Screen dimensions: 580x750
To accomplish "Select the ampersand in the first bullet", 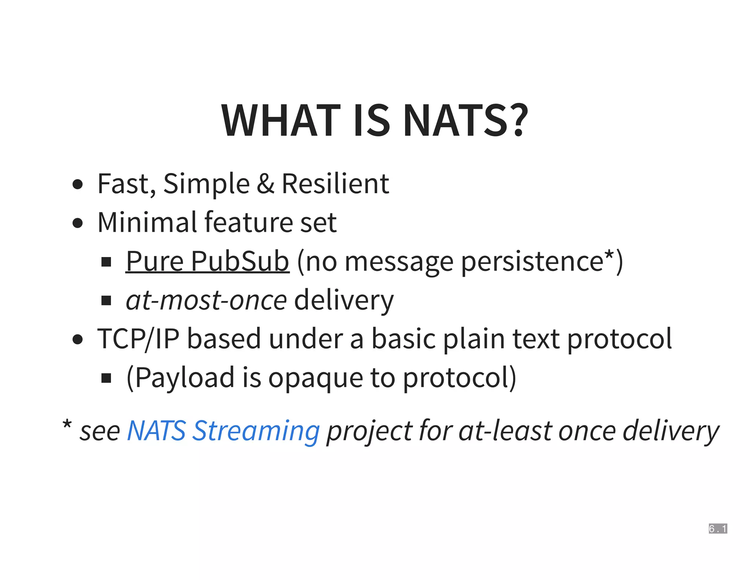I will pyautogui.click(x=265, y=184).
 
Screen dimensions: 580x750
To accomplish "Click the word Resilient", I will pyautogui.click(x=335, y=184).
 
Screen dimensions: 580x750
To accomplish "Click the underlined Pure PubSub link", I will pyautogui.click(x=207, y=261).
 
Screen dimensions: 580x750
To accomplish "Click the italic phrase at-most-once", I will pyautogui.click(x=206, y=300).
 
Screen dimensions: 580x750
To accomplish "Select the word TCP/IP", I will pyautogui.click(x=138, y=339).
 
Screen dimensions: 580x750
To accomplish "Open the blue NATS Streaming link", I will pyautogui.click(x=223, y=431).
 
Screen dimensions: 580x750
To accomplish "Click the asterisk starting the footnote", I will pyautogui.click(x=67, y=425).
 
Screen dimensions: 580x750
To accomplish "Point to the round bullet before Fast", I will pyautogui.click(x=78, y=184).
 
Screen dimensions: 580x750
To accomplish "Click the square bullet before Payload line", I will pyautogui.click(x=106, y=378).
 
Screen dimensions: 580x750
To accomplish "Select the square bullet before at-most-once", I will pyautogui.click(x=106, y=301).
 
